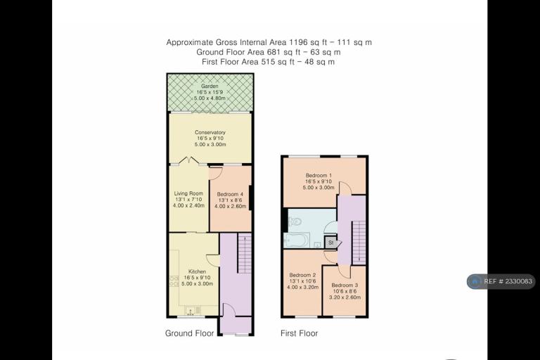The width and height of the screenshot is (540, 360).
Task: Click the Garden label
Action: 210,86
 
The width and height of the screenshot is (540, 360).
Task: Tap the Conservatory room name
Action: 210,132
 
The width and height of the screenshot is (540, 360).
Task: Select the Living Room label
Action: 188,193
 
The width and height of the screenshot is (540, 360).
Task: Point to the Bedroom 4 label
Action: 230,194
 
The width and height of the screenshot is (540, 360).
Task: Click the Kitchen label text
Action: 197,272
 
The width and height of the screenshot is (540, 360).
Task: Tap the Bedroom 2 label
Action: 303,275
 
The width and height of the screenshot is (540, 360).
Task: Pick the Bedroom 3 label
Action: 345,285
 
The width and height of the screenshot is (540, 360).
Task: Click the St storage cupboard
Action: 330,243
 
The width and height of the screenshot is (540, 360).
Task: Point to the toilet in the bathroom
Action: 295,221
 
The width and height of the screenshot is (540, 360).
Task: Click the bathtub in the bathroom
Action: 297,240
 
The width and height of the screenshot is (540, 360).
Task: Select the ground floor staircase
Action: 245,254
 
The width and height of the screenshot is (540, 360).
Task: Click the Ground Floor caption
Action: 189,333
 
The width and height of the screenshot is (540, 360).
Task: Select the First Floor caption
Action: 300,333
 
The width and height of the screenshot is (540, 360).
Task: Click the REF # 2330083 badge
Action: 501,281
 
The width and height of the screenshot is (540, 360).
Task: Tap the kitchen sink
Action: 191,311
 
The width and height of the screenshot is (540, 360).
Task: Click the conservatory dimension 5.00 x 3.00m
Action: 210,144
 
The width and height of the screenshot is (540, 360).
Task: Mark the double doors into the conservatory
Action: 188,160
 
